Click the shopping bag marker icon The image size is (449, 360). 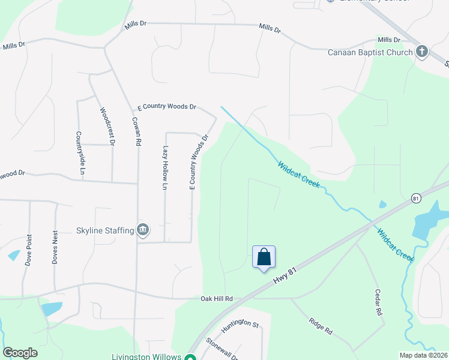pos(264,257)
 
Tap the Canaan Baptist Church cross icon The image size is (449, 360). pos(421,52)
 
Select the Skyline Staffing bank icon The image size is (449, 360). pos(143,230)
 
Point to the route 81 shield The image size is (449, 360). pos(415,197)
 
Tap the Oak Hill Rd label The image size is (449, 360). pos(216,298)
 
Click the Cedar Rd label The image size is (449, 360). pos(378,304)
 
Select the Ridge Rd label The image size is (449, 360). pos(320,326)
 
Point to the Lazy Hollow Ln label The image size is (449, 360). pos(164,168)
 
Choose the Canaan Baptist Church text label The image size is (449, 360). pos(370,52)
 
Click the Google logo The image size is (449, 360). pos(20,353)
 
